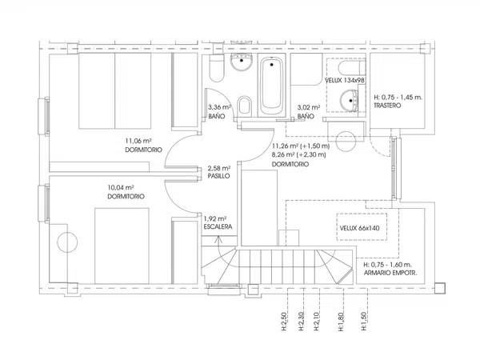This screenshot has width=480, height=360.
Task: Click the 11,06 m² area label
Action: click(138, 141)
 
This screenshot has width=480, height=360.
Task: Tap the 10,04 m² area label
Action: click(121, 188)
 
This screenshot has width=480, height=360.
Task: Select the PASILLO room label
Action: click(218, 176)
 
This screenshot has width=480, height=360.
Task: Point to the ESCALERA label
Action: click(218, 226)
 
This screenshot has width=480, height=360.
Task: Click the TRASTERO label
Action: click(387, 106)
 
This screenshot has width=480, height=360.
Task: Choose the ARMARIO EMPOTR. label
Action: click(390, 273)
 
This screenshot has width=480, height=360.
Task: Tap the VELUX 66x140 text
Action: click(360, 228)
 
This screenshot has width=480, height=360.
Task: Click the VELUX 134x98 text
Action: click(344, 80)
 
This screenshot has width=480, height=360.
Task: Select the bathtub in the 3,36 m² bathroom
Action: click(271, 85)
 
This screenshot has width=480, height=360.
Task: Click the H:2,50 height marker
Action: click(284, 322)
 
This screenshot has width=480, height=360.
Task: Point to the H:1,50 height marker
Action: click(364, 322)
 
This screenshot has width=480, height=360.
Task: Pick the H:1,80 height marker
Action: click(341, 322)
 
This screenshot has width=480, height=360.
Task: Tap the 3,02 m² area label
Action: click(309, 107)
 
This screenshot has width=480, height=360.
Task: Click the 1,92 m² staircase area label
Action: click(215, 218)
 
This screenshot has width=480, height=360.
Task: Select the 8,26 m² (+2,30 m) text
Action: click(298, 155)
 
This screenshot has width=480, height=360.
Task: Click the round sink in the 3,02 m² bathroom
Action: click(349, 101)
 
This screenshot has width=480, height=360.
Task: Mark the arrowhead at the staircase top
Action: click(218, 238)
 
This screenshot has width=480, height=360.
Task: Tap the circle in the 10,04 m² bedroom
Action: click(67, 242)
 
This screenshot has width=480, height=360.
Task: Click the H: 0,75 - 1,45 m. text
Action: click(398, 98)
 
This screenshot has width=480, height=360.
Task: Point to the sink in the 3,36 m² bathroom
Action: click(242, 62)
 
